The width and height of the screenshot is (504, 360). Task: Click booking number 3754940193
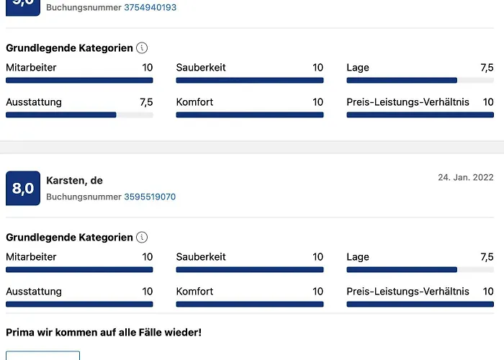point(150,7)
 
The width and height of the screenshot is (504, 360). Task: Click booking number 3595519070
point(150,197)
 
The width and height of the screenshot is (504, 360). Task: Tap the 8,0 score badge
point(23,189)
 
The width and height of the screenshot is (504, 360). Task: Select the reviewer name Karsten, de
point(75,181)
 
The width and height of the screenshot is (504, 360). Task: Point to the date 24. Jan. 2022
point(466,177)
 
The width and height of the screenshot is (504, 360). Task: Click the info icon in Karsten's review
point(142,238)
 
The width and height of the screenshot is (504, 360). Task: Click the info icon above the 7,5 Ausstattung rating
point(142,48)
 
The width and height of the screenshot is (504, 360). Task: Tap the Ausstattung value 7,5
point(146,102)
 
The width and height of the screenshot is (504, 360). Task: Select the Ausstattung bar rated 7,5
point(79,114)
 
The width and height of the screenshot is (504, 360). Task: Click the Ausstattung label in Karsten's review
point(34,292)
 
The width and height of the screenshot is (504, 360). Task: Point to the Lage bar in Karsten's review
point(420,270)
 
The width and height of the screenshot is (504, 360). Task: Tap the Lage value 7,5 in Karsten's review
point(487,257)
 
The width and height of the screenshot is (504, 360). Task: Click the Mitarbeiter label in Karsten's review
point(31,257)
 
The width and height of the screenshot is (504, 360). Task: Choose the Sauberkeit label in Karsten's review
point(201,257)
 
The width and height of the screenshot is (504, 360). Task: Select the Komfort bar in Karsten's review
point(250,304)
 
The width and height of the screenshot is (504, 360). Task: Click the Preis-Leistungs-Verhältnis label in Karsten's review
point(408,292)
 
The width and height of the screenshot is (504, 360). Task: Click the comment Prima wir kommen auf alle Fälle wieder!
point(104,332)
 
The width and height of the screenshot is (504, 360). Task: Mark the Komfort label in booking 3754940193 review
point(194,102)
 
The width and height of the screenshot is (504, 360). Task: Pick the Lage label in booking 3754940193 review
point(358,68)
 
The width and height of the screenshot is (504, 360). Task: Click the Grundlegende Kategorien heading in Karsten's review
point(69,238)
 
